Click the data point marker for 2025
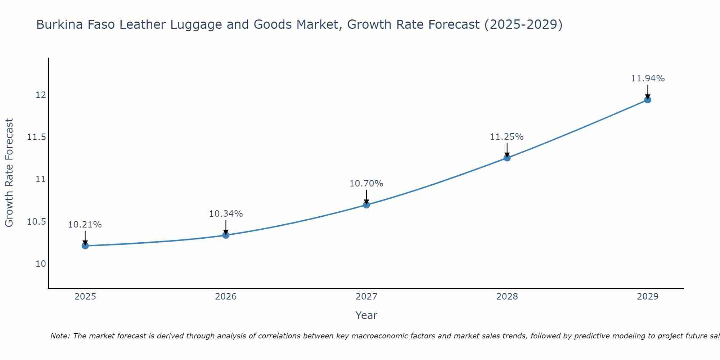pyautogui.click(x=85, y=246)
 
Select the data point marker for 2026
pyautogui.click(x=226, y=235)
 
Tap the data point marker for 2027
pyautogui.click(x=366, y=205)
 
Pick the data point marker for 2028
pyautogui.click(x=507, y=158)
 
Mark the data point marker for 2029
pyautogui.click(x=648, y=100)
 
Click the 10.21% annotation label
pyautogui.click(x=85, y=225)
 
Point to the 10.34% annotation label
pyautogui.click(x=226, y=214)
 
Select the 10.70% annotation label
pyautogui.click(x=366, y=184)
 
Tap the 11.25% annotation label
pyautogui.click(x=507, y=137)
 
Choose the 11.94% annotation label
pyautogui.click(x=648, y=78)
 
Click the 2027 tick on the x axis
pyautogui.click(x=366, y=297)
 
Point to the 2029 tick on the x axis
pyautogui.click(x=648, y=297)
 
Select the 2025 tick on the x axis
pyautogui.click(x=85, y=297)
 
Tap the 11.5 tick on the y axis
pyautogui.click(x=36, y=137)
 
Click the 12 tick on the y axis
pyautogui.click(x=41, y=95)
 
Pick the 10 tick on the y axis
pyautogui.click(x=41, y=264)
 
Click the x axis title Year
pyautogui.click(x=366, y=315)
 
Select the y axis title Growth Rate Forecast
pyautogui.click(x=9, y=173)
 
